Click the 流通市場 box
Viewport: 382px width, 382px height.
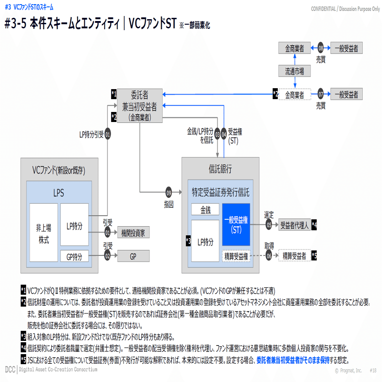click(294, 71)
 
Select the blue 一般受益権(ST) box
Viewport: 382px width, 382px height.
click(236, 225)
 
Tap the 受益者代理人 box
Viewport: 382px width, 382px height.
click(294, 225)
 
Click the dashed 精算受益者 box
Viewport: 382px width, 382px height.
click(294, 255)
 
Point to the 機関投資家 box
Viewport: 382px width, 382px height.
click(133, 232)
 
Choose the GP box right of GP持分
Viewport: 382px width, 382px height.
click(133, 256)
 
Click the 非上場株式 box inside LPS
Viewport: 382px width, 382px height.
click(43, 233)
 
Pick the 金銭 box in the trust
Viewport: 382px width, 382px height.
click(205, 209)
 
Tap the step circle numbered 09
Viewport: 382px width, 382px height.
click(169, 192)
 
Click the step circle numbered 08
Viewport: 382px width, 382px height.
click(321, 48)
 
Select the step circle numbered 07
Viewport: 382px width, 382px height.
click(321, 94)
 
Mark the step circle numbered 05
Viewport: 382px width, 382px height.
click(269, 225)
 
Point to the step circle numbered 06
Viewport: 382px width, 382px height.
click(269, 255)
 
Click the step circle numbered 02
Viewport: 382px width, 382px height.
click(107, 255)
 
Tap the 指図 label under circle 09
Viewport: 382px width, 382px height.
click(169, 204)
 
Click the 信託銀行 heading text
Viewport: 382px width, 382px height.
click(220, 169)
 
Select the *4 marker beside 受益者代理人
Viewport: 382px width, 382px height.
click(314, 225)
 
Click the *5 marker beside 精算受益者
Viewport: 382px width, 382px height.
click(314, 255)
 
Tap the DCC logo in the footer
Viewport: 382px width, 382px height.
click(10, 370)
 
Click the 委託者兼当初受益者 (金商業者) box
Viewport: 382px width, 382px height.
click(140, 106)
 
